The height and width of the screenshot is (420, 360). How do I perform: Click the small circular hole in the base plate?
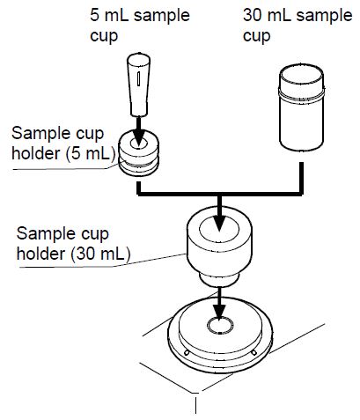coord(217,326)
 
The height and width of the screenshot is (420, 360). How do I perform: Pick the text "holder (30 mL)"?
coord(74,254)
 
